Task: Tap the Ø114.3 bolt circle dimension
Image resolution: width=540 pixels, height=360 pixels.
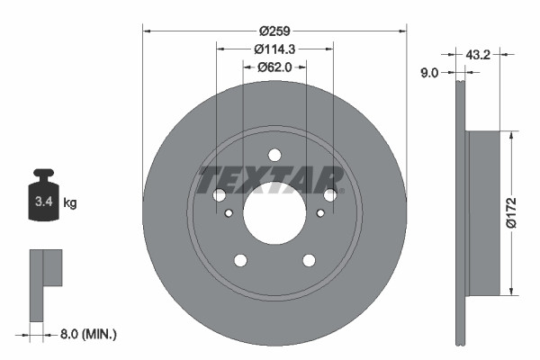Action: click(x=274, y=49)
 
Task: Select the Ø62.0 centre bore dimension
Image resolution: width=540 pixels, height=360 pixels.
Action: click(x=274, y=67)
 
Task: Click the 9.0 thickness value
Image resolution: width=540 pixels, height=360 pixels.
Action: click(x=429, y=73)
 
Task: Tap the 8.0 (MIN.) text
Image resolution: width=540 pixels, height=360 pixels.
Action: click(x=86, y=335)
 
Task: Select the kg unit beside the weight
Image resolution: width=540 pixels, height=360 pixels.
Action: click(x=70, y=203)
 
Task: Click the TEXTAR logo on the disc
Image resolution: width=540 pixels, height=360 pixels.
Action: click(x=270, y=179)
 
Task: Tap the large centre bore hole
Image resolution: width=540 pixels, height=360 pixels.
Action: click(x=274, y=212)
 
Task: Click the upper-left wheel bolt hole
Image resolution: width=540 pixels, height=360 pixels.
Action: click(x=219, y=194)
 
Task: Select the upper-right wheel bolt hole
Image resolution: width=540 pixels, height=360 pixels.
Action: click(x=330, y=194)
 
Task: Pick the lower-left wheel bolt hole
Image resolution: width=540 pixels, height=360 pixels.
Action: click(x=240, y=260)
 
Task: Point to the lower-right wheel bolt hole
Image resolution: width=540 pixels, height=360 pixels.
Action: click(x=309, y=260)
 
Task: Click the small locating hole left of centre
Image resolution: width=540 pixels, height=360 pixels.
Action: click(x=229, y=212)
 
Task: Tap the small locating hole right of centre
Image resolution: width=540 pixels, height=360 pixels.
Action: click(x=319, y=212)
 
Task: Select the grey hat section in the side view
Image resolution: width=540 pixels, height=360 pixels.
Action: click(x=484, y=212)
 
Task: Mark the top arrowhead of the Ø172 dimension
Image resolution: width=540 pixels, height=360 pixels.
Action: click(x=512, y=136)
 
